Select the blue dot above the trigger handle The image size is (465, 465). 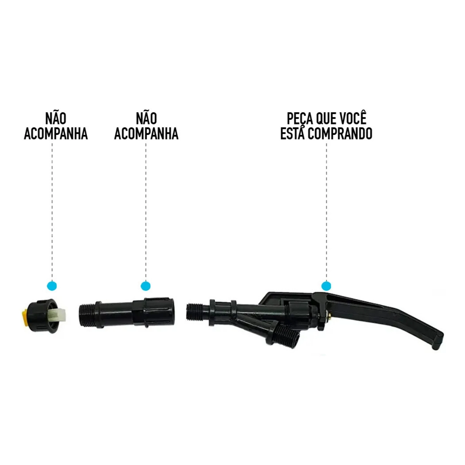pyautogui.click(x=327, y=286)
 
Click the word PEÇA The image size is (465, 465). pyautogui.click(x=298, y=117)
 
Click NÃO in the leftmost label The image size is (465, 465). pyautogui.click(x=57, y=117)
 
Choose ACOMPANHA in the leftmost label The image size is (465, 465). pyautogui.click(x=57, y=134)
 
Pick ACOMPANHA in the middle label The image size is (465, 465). pyautogui.click(x=146, y=134)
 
